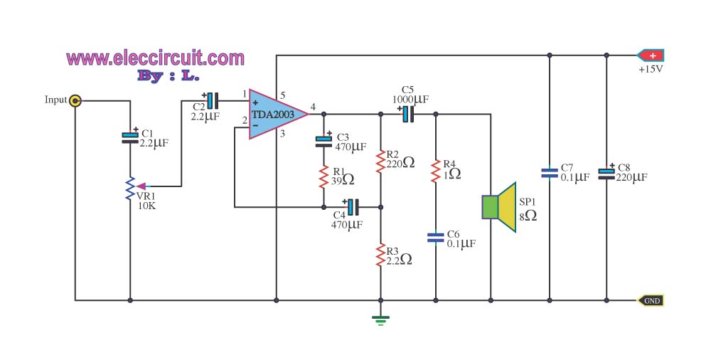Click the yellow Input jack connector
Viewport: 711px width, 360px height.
pyautogui.click(x=75, y=100)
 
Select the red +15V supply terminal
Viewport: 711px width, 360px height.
pyautogui.click(x=651, y=55)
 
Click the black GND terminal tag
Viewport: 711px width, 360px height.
pyautogui.click(x=651, y=300)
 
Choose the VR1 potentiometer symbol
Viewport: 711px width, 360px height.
pyautogui.click(x=131, y=189)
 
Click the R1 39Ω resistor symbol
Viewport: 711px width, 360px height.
pyautogui.click(x=324, y=175)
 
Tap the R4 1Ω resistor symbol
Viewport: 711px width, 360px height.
pyautogui.click(x=435, y=172)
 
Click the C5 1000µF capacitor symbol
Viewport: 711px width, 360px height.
pyautogui.click(x=407, y=114)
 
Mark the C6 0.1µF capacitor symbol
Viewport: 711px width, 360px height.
pyautogui.click(x=435, y=237)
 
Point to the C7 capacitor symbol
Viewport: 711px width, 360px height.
pyautogui.click(x=550, y=171)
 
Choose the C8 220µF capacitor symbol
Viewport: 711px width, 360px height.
pyautogui.click(x=606, y=172)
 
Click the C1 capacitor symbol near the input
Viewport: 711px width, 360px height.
pyautogui.click(x=131, y=137)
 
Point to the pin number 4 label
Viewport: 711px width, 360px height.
pyautogui.click(x=314, y=106)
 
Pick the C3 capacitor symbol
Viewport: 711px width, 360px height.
pyautogui.click(x=324, y=141)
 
